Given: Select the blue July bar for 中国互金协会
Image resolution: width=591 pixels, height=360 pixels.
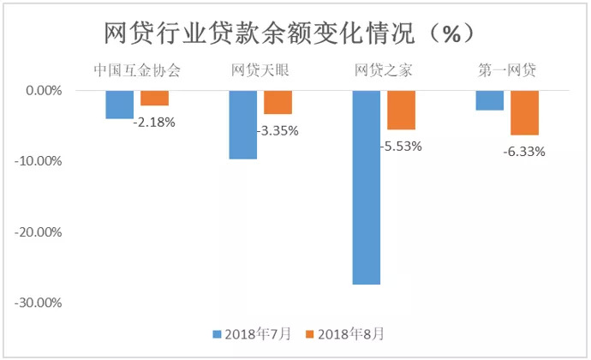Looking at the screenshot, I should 120,104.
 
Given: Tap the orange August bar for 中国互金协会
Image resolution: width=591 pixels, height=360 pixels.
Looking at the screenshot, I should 154,98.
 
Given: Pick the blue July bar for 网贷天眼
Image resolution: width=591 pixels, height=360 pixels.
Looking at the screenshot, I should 243,124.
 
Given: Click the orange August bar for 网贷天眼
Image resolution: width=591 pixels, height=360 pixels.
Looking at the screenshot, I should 278,102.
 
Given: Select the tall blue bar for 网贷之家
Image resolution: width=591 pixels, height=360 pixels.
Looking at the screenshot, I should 367,187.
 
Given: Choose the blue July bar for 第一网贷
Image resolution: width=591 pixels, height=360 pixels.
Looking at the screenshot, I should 490,99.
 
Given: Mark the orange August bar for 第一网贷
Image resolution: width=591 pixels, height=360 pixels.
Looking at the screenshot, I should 524,112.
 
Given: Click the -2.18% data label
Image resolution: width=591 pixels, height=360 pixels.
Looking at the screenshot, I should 155,123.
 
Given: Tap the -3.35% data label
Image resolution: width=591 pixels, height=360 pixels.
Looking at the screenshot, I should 278,131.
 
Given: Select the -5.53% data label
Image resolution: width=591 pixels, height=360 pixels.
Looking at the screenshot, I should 401,147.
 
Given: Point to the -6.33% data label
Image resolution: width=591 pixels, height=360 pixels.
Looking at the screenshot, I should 524,152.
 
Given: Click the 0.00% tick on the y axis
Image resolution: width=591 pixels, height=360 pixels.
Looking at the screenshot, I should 45,90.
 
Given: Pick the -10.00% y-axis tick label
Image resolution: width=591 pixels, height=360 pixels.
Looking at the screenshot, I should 41,161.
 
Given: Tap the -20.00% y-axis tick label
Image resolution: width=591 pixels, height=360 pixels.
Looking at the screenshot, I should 41,232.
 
